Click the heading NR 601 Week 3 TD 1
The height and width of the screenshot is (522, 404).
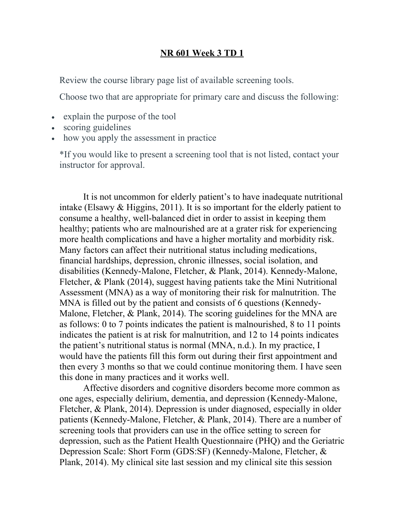pyautogui.click(x=202, y=53)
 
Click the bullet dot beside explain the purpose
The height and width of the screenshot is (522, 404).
pyautogui.click(x=53, y=117)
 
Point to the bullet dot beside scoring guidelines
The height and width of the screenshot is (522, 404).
pyautogui.click(x=53, y=128)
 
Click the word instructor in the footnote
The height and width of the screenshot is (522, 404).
pyautogui.click(x=77, y=165)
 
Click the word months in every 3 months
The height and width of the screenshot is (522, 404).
pyautogui.click(x=116, y=367)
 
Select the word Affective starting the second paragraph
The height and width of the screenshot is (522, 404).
pyautogui.click(x=103, y=388)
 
